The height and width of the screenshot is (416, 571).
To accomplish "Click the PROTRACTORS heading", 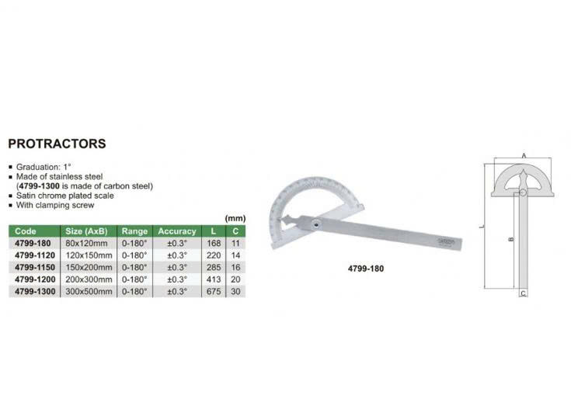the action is tap(57, 144).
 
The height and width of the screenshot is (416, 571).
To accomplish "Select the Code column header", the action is tap(26, 231).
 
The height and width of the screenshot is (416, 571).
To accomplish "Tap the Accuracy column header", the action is tap(177, 231).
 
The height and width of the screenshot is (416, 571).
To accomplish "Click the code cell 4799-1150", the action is tap(35, 268).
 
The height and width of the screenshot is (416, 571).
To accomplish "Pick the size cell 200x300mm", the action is tap(89, 279).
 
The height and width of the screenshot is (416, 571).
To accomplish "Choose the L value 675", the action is tap(214, 292).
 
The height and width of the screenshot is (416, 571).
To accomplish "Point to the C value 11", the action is tap(235, 244).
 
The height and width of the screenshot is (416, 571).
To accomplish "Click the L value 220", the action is tap(214, 255).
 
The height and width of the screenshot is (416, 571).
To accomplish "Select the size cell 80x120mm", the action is tap(87, 244).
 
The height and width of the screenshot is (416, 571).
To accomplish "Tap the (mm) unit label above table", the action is tap(235, 218).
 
